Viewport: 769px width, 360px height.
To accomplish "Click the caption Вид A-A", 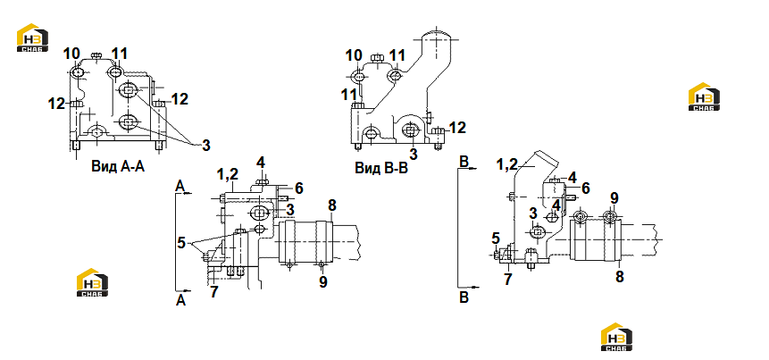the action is pyautogui.click(x=118, y=167).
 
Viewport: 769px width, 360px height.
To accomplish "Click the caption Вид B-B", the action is pyautogui.click(x=381, y=168).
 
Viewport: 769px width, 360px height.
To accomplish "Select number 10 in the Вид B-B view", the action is pyautogui.click(x=353, y=56).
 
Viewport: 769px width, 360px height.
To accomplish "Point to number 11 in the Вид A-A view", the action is pyautogui.click(x=120, y=54).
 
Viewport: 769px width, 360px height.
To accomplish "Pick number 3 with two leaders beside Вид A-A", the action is pyautogui.click(x=206, y=146).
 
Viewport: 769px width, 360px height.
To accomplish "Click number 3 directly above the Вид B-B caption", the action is pyautogui.click(x=414, y=154).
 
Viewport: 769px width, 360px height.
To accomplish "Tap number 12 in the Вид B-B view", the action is pyautogui.click(x=457, y=128).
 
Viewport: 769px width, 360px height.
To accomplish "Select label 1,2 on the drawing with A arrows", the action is pyautogui.click(x=228, y=173).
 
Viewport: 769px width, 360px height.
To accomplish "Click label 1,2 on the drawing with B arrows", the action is pyautogui.click(x=507, y=163).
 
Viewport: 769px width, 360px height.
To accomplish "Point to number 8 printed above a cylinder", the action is pyautogui.click(x=332, y=205).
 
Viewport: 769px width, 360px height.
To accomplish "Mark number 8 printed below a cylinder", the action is pyautogui.click(x=620, y=277).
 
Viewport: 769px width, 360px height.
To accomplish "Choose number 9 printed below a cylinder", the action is pyautogui.click(x=322, y=282).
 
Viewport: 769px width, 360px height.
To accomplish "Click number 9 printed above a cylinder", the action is pyautogui.click(x=614, y=198).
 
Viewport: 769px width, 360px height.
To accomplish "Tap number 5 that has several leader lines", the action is pyautogui.click(x=182, y=242).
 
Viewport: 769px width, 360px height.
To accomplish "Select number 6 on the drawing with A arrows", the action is pyautogui.click(x=299, y=188).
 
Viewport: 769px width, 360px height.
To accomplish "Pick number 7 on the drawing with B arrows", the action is pyautogui.click(x=508, y=280).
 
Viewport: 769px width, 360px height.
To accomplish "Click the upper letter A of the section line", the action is pyautogui.click(x=180, y=186).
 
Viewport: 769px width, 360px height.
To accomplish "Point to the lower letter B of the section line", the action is pyautogui.click(x=464, y=297).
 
